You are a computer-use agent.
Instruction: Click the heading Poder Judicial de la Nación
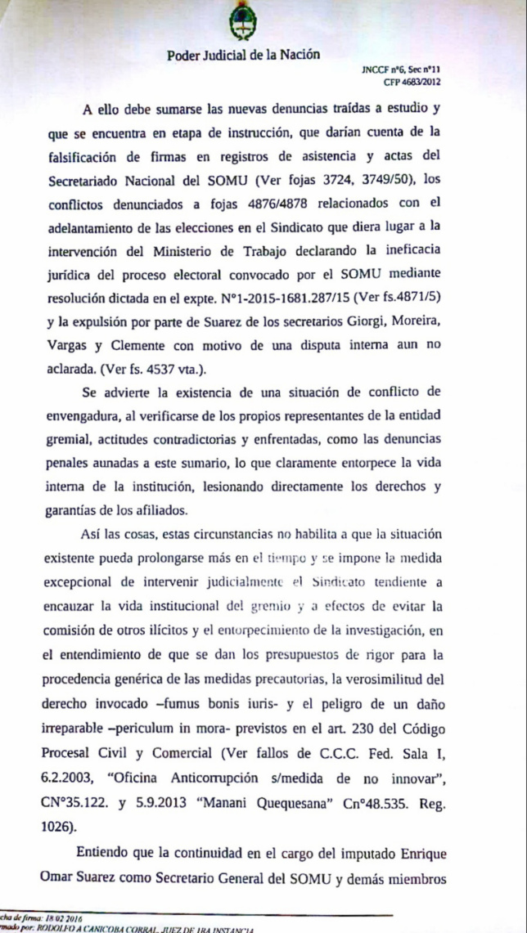tap(243, 56)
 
